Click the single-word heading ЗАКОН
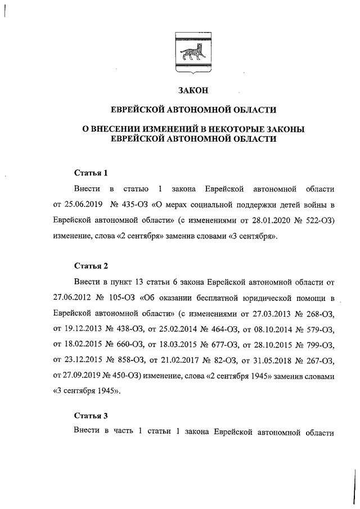[x=193, y=90]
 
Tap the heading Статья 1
[x=91, y=172]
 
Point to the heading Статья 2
[x=91, y=265]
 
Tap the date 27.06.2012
[x=73, y=297]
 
